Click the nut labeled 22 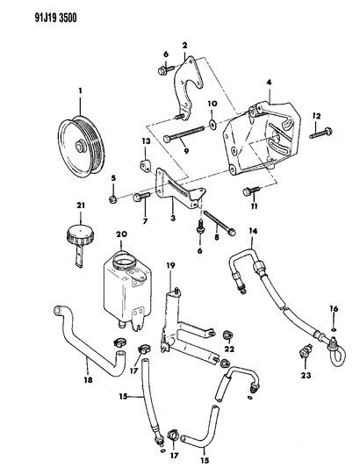click(x=227, y=334)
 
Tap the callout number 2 click(x=184, y=44)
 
